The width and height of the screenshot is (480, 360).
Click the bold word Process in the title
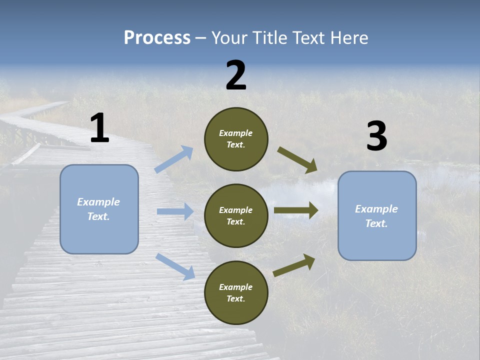(157, 37)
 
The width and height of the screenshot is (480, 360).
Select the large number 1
(99, 128)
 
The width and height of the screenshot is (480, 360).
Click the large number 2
(236, 75)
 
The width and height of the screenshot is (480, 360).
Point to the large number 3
(376, 136)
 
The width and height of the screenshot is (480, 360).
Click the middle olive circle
(236, 215)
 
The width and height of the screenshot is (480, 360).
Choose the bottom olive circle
(236, 292)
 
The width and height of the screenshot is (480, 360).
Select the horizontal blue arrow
(175, 211)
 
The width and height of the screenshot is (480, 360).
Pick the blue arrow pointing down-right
(175, 266)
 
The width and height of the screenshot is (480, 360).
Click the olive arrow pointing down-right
(297, 160)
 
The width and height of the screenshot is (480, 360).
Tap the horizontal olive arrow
(296, 210)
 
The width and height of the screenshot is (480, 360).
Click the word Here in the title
(349, 37)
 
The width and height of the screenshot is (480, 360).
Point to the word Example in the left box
(98, 202)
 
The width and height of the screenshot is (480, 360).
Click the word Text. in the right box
(376, 223)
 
